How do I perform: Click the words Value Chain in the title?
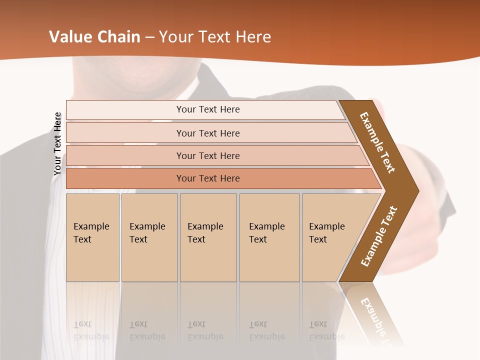click(x=94, y=37)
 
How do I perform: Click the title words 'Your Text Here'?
click(x=215, y=37)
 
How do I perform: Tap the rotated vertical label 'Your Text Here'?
click(x=57, y=143)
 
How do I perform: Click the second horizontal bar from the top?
click(x=208, y=133)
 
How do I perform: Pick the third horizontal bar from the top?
click(x=208, y=155)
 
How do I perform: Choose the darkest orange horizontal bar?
click(x=208, y=178)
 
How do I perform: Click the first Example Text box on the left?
click(x=92, y=237)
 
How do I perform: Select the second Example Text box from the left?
click(x=149, y=237)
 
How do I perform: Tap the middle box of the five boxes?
click(x=208, y=237)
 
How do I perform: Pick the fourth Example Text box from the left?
click(x=269, y=237)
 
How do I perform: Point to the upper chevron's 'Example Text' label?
click(x=378, y=142)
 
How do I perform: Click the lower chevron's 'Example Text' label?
click(x=379, y=236)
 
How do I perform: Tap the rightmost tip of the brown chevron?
click(x=418, y=190)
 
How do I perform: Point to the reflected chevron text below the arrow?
click(x=375, y=317)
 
